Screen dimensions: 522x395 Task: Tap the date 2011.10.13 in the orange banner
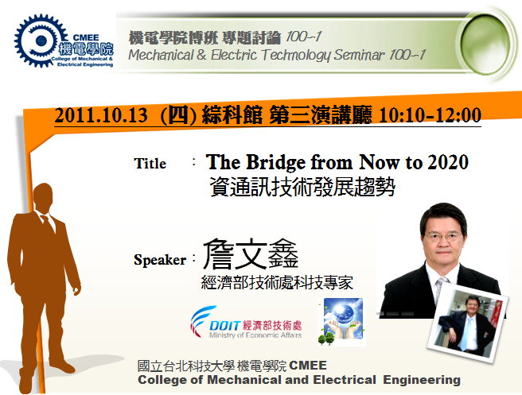point(101,115)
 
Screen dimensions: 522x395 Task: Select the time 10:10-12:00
point(430,115)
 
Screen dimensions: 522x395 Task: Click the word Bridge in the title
point(275,162)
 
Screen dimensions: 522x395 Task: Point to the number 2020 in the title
point(448,162)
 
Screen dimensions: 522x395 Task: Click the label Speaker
point(160,260)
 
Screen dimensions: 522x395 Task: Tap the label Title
point(150,163)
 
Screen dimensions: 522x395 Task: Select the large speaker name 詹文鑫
point(251,254)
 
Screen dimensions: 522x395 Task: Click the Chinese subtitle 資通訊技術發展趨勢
point(302,187)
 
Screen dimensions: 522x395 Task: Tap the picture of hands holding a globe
point(342,322)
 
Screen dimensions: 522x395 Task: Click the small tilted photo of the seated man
point(467,321)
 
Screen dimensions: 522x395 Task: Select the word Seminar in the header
point(360,55)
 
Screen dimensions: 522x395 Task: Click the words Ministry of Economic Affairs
point(255,335)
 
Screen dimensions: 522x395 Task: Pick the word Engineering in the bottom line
point(422,380)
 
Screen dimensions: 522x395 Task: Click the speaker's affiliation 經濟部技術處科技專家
point(277,283)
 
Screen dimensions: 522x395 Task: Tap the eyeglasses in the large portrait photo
point(442,237)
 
